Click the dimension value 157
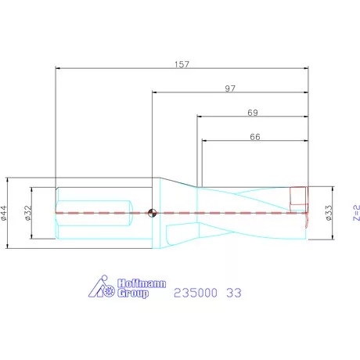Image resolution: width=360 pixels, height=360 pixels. point(182,62)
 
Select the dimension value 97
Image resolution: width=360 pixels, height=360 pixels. point(230,88)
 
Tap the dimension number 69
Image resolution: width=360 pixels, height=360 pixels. point(252,113)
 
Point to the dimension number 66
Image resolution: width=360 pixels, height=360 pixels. point(254,136)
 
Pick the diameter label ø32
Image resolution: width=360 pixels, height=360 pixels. point(27,211)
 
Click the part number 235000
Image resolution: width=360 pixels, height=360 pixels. point(196,293)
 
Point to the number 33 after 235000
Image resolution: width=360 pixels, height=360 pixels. point(233,293)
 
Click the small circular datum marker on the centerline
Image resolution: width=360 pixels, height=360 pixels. point(151,212)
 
